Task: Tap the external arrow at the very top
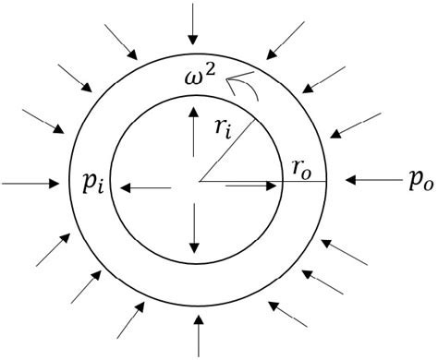point(191,24)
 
